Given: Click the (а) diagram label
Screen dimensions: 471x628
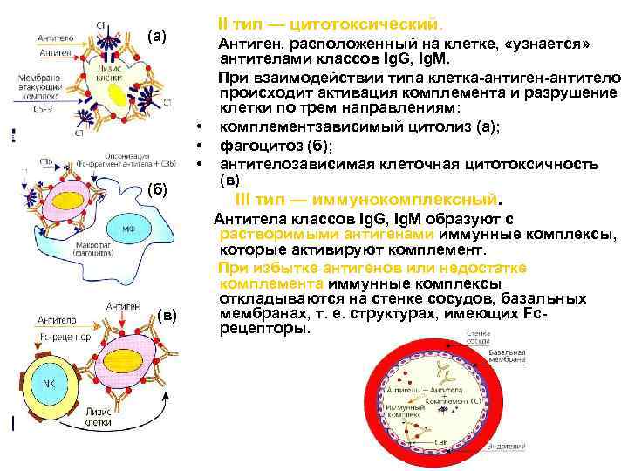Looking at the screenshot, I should (x=156, y=36).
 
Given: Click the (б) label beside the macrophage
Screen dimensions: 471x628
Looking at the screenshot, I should (x=155, y=190).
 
